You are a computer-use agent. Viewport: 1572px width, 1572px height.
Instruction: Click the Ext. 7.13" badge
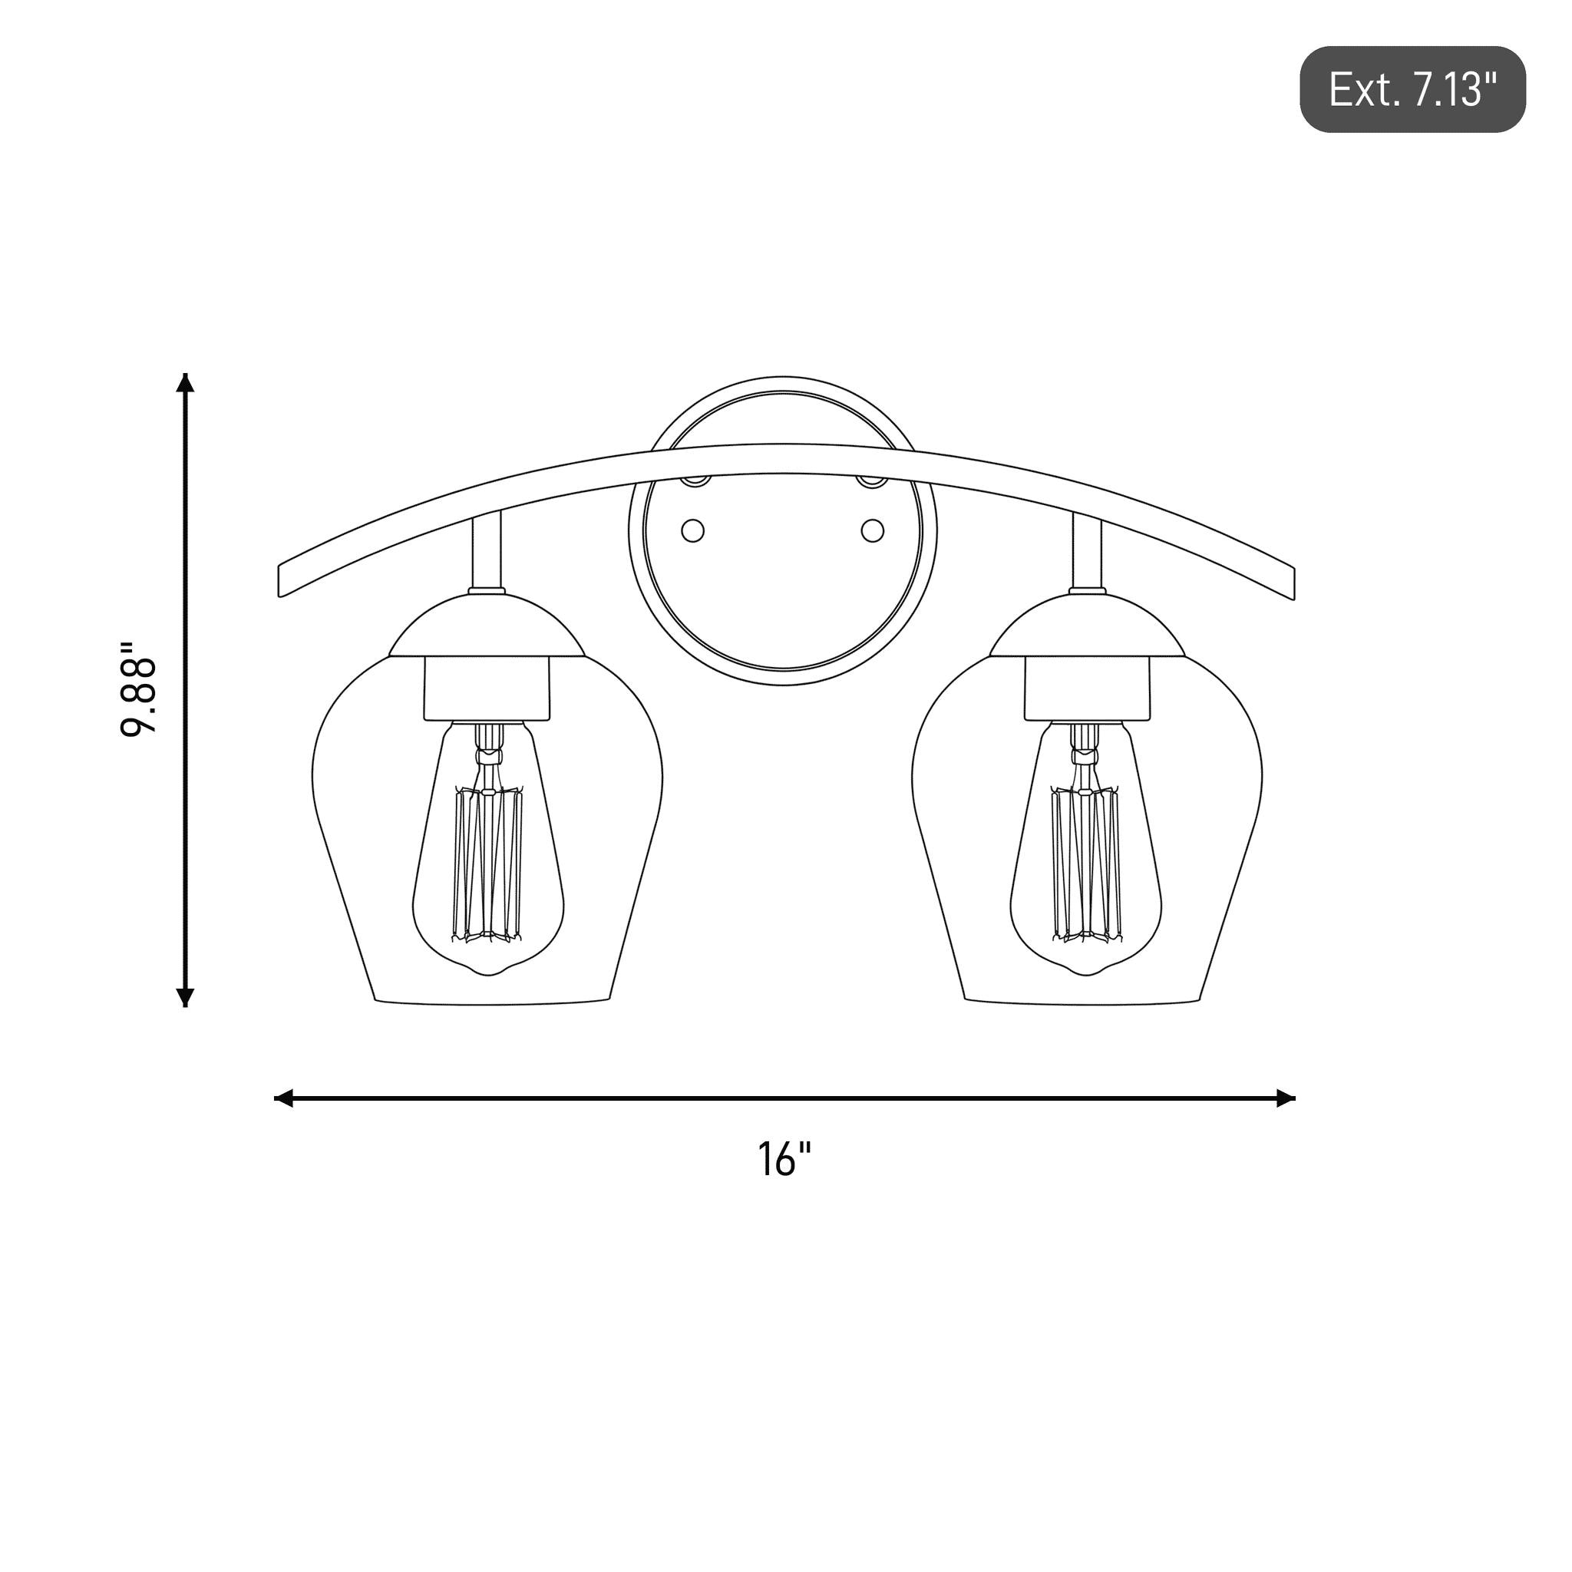click(1412, 90)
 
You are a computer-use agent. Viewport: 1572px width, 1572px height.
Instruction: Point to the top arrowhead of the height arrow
click(186, 382)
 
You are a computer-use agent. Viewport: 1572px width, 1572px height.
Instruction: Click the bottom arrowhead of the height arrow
click(186, 998)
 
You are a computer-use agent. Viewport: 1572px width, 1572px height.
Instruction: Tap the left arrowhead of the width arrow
click(283, 1098)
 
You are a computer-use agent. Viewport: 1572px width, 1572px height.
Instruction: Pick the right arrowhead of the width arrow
click(1286, 1098)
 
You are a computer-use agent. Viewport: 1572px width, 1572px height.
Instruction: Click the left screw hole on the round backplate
click(692, 531)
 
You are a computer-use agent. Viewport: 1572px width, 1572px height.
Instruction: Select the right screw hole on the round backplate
click(872, 531)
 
